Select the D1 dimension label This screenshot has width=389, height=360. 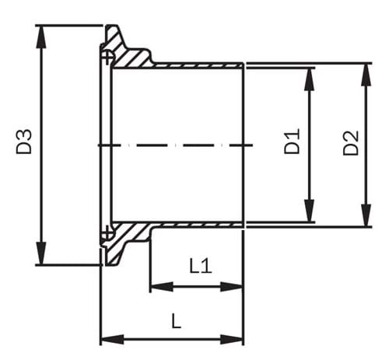(x=292, y=145)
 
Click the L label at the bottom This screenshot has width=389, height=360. (x=177, y=321)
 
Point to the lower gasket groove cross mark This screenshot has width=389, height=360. (x=107, y=232)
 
